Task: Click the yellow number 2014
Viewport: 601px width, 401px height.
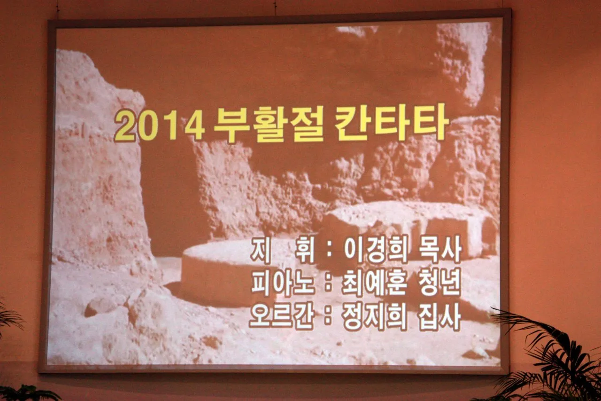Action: [160, 126]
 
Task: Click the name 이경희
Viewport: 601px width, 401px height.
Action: [376, 250]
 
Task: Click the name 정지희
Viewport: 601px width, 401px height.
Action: [375, 316]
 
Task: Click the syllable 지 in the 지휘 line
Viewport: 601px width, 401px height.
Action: [260, 250]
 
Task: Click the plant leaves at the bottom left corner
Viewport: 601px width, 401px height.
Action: [24, 393]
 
